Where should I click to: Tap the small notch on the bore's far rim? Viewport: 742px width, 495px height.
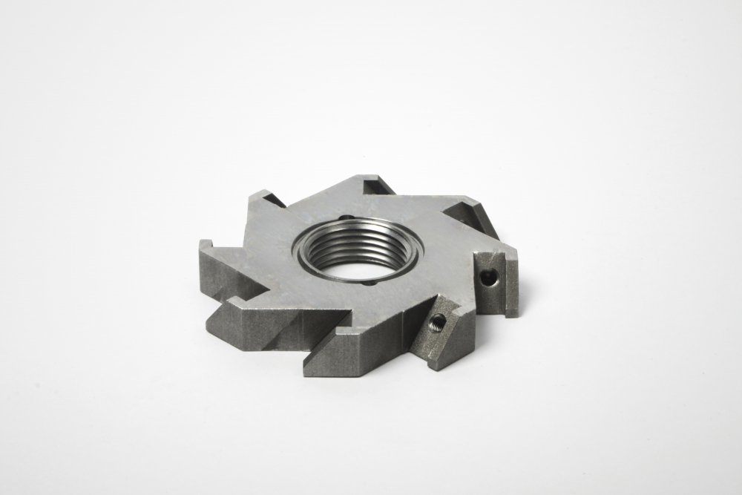point(344,218)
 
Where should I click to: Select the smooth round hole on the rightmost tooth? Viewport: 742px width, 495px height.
point(487,278)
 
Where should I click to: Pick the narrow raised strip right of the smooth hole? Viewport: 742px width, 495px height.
point(512,282)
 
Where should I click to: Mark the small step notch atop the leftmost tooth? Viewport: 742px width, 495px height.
point(207,244)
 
